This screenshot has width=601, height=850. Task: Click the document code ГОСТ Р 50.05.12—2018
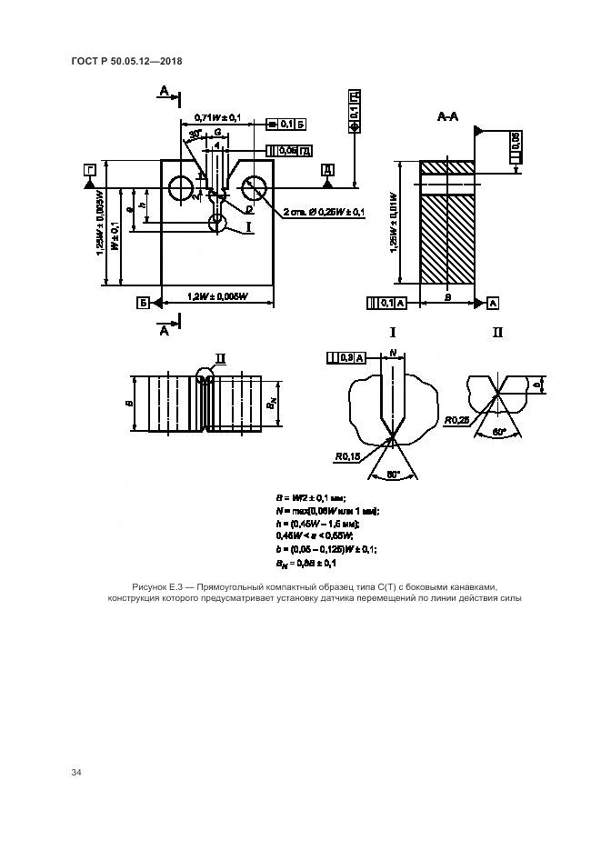[x=127, y=62]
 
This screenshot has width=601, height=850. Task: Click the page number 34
[x=76, y=773]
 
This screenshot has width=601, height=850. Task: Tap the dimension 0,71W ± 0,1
[x=217, y=117]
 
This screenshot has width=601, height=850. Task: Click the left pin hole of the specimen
[x=180, y=188]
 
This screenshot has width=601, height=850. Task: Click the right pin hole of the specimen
[x=253, y=189]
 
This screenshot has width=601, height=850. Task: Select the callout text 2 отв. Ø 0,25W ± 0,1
[x=323, y=213]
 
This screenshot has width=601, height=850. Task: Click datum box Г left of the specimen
[x=89, y=170]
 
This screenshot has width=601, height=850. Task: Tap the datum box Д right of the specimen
[x=327, y=170]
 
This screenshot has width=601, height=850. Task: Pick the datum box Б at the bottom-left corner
[x=143, y=302]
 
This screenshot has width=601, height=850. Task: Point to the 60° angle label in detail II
[x=499, y=434]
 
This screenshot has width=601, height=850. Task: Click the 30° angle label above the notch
[x=195, y=134]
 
